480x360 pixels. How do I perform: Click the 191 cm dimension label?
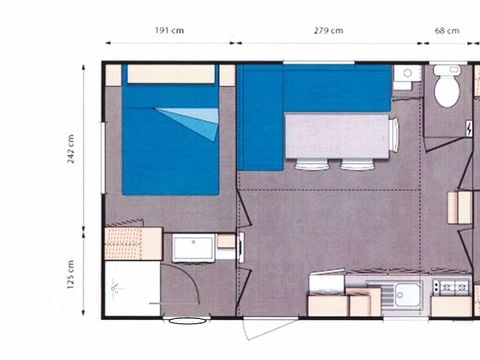(x=168, y=30)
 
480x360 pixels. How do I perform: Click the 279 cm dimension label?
(x=327, y=30)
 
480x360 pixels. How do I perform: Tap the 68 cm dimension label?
(x=447, y=30)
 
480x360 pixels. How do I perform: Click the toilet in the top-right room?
(x=446, y=89)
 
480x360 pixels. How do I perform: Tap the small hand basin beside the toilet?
(x=405, y=78)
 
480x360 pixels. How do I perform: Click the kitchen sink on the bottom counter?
(x=406, y=294)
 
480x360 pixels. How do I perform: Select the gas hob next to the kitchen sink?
(x=452, y=287)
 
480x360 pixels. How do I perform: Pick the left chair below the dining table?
(x=311, y=164)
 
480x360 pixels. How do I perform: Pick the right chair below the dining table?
(x=356, y=164)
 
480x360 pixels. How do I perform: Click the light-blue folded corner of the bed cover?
(x=197, y=120)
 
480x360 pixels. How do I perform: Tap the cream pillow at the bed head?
(x=171, y=74)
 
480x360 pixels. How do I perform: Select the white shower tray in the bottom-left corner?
(x=131, y=290)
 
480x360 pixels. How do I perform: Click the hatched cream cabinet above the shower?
(x=133, y=243)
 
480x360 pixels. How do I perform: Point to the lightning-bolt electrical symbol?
(x=470, y=129)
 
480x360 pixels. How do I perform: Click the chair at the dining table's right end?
(x=394, y=134)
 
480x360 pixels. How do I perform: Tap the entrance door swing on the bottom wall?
(x=269, y=326)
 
